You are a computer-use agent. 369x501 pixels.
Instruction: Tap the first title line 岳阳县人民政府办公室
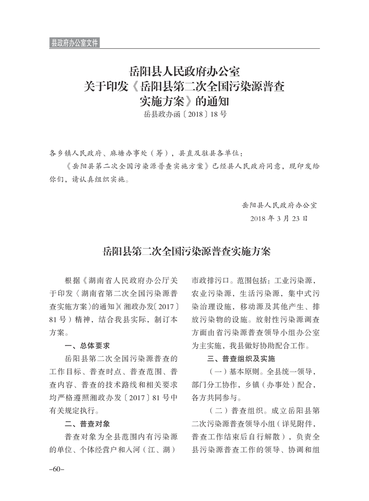184,72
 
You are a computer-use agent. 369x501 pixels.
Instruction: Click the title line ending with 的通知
184,100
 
